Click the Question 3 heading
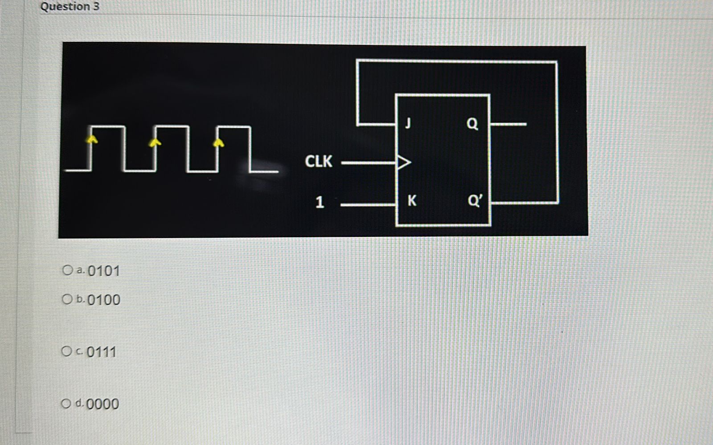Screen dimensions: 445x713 [70, 7]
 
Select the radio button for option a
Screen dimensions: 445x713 [67, 270]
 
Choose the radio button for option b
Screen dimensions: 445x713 [67, 299]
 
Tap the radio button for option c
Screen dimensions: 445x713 [66, 352]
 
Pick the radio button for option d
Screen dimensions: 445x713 [66, 404]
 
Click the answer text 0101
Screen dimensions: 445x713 [104, 271]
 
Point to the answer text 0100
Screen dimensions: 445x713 [104, 300]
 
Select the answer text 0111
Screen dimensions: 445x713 [102, 352]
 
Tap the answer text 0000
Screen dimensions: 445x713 [102, 404]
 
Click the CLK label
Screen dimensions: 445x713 [318, 161]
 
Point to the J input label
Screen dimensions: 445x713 [408, 123]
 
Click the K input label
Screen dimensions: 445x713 [412, 201]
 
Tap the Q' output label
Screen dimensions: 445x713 [475, 201]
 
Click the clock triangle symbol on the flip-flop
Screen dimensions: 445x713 [403, 162]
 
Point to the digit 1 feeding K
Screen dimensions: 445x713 [320, 203]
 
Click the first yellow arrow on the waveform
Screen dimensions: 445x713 [92, 140]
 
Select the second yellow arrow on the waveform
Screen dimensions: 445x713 [155, 142]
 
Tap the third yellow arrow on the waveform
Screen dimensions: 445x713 [218, 142]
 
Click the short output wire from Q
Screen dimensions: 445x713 [509, 124]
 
